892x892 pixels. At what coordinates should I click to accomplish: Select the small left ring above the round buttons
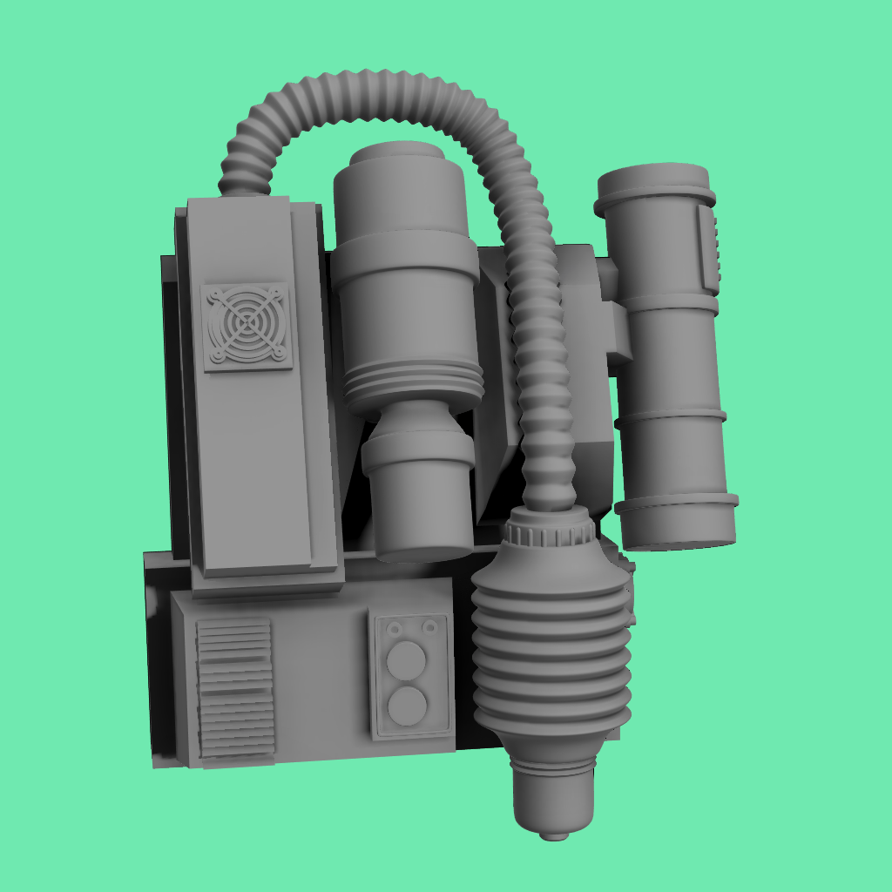click(x=395, y=628)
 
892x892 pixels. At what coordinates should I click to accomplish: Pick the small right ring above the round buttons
click(x=429, y=625)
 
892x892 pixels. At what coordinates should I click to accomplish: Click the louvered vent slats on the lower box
click(x=234, y=688)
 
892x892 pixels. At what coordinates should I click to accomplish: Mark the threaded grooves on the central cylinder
click(x=413, y=383)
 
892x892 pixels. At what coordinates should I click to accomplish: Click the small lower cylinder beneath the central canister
click(x=419, y=497)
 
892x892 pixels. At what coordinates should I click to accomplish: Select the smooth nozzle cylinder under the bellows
click(x=553, y=793)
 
